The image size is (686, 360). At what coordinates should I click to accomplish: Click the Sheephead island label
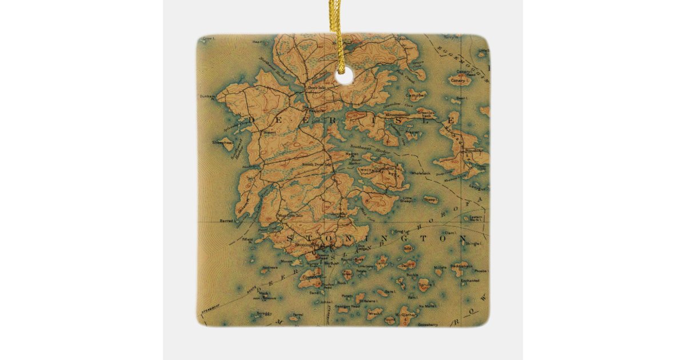tap(222, 142)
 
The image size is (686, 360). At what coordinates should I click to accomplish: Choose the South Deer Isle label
tap(316, 165)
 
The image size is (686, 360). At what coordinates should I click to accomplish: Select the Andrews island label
tap(269, 267)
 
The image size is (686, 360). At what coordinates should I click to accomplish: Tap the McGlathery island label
tap(407, 314)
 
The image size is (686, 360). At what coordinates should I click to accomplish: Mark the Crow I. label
tap(207, 42)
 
